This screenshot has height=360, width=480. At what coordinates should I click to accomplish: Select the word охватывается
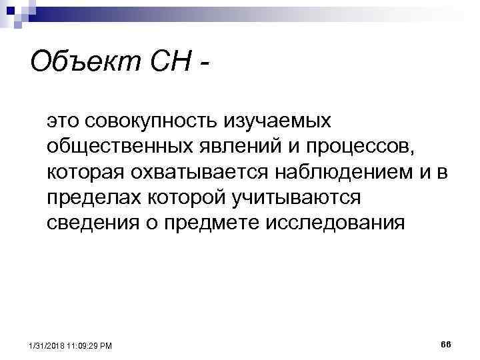click(206, 173)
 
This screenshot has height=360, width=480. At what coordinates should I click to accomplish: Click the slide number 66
click(446, 343)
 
